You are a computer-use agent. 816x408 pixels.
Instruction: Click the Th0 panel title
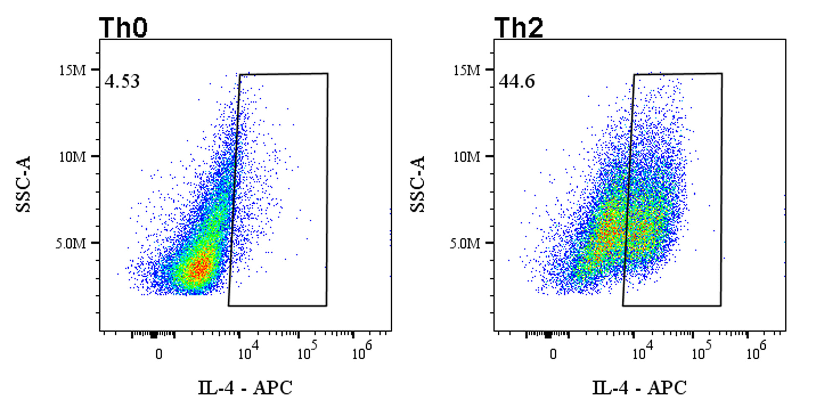[123, 28]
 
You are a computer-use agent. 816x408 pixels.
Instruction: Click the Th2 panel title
[519, 28]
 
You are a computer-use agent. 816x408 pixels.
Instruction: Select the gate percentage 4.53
[122, 81]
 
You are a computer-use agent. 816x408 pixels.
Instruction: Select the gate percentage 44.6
[517, 81]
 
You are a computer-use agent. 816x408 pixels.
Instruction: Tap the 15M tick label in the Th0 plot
[72, 70]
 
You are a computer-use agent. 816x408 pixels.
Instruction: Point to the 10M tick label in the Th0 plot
[72, 157]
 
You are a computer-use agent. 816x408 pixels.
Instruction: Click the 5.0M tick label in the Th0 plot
[70, 243]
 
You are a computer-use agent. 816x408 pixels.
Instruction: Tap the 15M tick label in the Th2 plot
[467, 70]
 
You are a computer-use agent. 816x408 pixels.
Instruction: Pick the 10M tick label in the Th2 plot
[467, 157]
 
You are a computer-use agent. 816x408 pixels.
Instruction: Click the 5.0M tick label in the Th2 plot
[465, 243]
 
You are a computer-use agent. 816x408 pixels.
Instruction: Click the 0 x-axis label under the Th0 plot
[159, 354]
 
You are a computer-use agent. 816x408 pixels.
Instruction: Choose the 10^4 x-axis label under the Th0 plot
[248, 351]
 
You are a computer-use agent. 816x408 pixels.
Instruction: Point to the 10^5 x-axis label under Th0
[307, 351]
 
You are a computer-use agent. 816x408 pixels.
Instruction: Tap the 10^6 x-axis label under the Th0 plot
[362, 351]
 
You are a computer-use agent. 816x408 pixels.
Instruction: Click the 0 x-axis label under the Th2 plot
[553, 354]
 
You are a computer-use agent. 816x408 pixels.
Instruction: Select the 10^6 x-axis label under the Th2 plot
[756, 351]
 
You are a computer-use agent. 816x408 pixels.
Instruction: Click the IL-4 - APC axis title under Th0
[245, 388]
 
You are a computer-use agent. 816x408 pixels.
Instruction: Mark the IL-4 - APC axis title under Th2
[639, 388]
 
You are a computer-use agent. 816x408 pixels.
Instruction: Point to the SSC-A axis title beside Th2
[418, 185]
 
